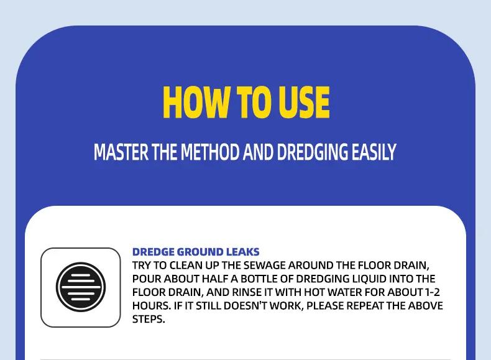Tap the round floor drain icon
point(81,287)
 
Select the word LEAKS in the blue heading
point(242,252)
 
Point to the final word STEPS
point(149,320)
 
